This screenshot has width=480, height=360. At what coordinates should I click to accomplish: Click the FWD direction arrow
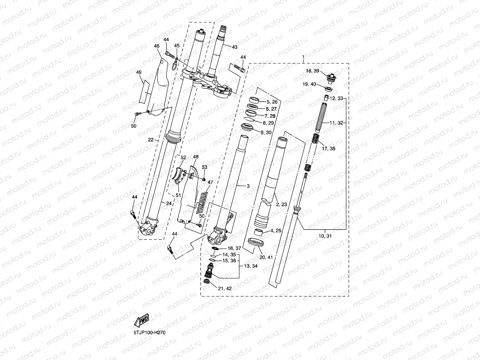142,321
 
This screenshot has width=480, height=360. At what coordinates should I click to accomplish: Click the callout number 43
234,47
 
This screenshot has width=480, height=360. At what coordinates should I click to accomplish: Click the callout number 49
138,72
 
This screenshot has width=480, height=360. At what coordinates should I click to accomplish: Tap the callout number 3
248,185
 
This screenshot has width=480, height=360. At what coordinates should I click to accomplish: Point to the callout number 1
303,57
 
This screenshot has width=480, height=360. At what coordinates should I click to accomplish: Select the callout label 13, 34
252,266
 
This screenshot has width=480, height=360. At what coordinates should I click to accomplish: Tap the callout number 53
204,167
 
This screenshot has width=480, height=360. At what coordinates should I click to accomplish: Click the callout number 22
150,140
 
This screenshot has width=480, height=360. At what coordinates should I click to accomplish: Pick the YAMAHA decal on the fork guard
202,199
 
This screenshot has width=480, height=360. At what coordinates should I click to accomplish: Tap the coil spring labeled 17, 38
316,139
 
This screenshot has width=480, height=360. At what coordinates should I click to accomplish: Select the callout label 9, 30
266,132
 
